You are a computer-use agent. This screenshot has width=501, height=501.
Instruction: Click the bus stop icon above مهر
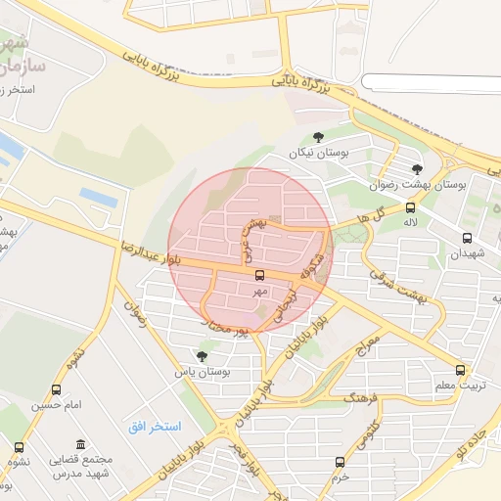pos(259,276)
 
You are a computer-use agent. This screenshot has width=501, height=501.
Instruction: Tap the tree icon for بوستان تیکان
pos(319,138)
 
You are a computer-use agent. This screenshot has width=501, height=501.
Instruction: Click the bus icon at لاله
pos(409,207)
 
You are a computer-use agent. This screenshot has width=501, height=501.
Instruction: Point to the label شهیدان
pos(467,254)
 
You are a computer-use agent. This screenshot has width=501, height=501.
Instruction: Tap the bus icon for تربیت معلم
pos(462,371)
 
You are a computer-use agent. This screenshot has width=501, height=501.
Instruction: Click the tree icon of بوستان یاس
pos(202,356)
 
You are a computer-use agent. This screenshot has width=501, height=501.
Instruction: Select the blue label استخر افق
pos(151,428)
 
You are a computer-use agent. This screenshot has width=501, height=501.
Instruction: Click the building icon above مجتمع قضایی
pos(79,444)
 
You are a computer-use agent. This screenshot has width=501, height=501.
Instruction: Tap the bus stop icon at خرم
pos(340,462)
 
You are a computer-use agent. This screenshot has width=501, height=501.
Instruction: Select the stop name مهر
pos(259,292)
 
